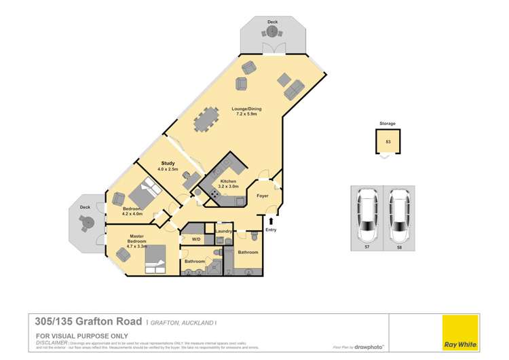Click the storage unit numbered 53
tap(388, 142)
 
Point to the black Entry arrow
tap(271, 221)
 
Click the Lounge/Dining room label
tap(246, 111)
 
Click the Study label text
tap(169, 163)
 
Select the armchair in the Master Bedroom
tap(124, 255)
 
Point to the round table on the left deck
tap(86, 221)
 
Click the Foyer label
tap(263, 196)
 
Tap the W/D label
tap(196, 240)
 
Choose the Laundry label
tap(224, 232)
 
